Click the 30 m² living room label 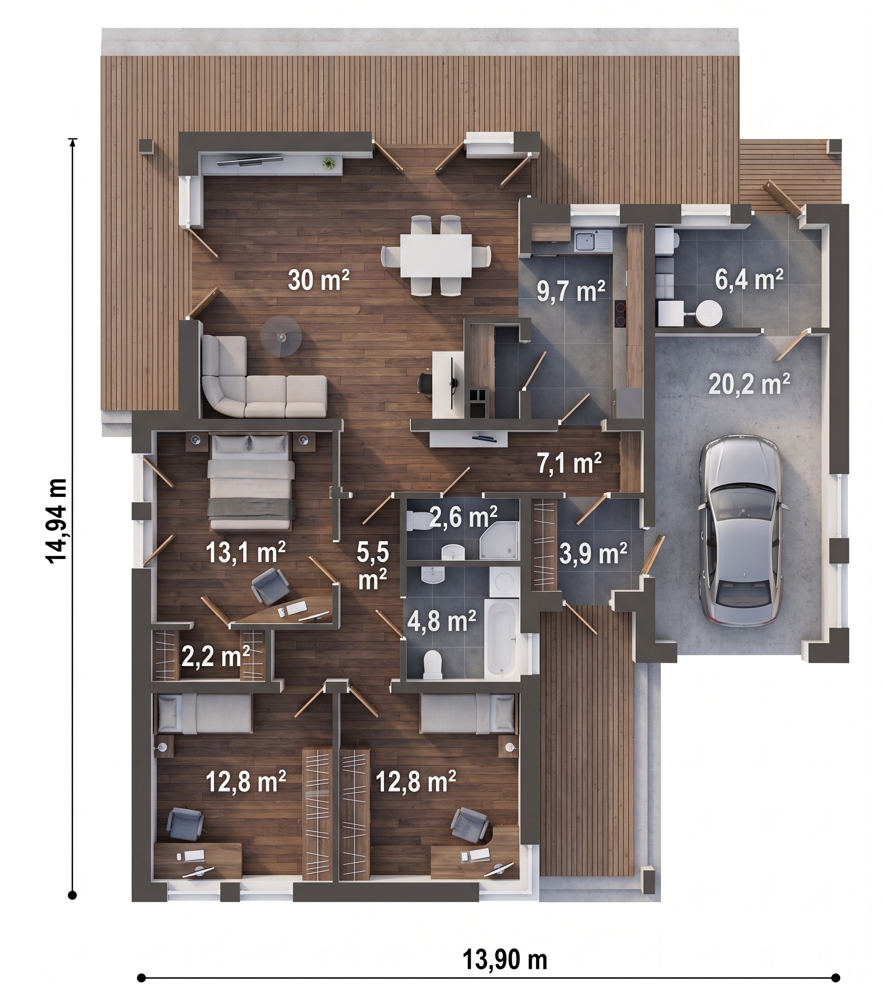[x=318, y=280]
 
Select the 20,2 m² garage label [x=749, y=384]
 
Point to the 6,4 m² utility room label [x=749, y=280]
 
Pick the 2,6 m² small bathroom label [x=463, y=518]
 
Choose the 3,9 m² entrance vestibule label [x=593, y=554]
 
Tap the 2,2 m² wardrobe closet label [x=215, y=657]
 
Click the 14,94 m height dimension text [x=56, y=521]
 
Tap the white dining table [x=436, y=255]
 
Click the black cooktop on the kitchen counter [x=620, y=314]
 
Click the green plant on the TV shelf [x=329, y=163]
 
